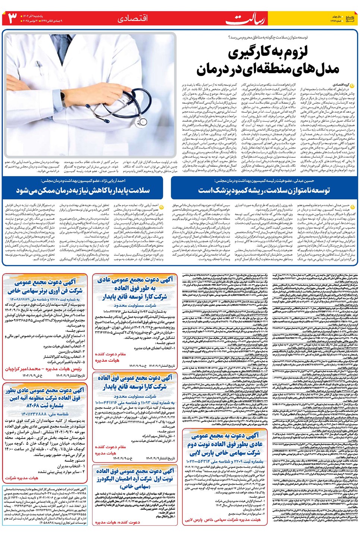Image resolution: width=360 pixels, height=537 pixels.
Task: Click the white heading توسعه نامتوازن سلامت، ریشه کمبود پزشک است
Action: [264, 191]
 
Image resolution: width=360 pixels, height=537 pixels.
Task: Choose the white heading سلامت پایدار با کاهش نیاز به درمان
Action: [83, 191]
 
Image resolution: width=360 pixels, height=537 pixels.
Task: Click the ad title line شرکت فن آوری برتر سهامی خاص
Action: [45, 291]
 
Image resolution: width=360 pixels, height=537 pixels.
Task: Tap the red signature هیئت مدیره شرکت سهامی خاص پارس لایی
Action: [222, 520]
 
